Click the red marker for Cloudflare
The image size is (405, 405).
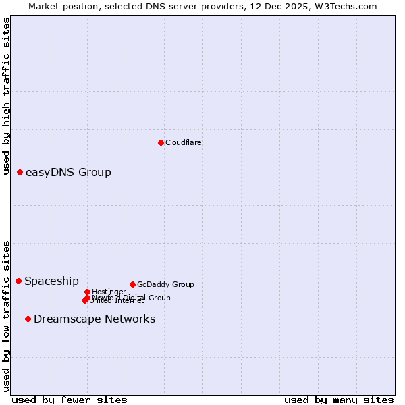coord(161,142)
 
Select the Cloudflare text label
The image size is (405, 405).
coord(184,143)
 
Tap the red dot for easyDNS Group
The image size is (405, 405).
coord(20,173)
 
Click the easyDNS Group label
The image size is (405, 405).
coord(68,173)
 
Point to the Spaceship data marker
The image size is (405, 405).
coord(18,281)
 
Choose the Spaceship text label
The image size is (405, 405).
coord(51,281)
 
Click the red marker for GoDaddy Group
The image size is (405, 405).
coord(132,284)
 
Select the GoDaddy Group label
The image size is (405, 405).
coord(165,285)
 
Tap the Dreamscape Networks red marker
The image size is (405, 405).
coord(28,319)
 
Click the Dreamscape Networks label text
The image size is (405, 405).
coord(94,319)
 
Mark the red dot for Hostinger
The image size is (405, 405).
coord(87,292)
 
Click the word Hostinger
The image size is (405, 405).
coord(109,292)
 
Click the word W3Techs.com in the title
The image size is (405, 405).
coord(348,6)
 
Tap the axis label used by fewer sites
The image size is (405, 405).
coord(70,400)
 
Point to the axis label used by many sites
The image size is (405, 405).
coord(339,400)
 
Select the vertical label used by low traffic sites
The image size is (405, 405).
coord(6,316)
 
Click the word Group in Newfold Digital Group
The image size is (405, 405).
coord(159,298)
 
